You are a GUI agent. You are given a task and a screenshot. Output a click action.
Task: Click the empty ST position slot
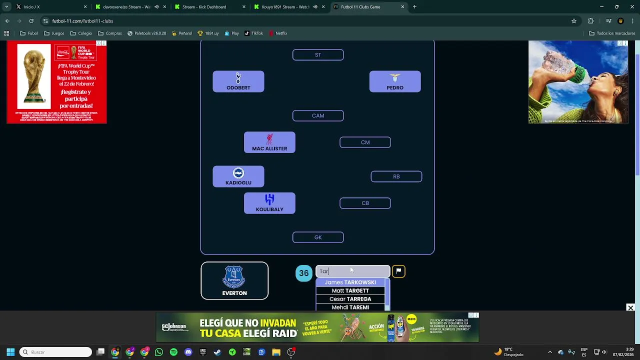[318, 55]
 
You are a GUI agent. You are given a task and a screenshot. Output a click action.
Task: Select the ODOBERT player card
[238, 81]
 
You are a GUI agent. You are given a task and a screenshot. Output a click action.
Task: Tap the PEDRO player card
[395, 81]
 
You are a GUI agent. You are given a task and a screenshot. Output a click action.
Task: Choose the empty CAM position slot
[318, 116]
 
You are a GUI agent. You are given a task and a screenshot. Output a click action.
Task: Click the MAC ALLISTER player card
[269, 142]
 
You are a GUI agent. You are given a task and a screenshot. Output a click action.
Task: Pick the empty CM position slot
[365, 142]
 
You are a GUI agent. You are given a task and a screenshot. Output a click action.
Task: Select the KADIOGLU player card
[238, 176]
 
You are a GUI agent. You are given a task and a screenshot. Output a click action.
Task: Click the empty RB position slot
[396, 176]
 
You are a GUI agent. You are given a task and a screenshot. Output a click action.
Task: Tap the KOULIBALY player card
[269, 203]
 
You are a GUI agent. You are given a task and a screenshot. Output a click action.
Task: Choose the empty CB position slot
[365, 203]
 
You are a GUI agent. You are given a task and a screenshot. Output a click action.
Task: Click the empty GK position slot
[318, 237]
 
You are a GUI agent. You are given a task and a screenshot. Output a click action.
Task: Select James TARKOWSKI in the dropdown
[350, 282]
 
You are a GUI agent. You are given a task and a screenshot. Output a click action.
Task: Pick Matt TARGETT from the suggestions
[350, 290]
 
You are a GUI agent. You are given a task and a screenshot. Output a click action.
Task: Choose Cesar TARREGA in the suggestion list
[350, 299]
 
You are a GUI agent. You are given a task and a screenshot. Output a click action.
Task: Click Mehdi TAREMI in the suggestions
[350, 307]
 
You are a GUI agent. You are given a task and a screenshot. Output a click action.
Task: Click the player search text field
[352, 271]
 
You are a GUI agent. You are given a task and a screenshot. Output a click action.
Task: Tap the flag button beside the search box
[398, 271]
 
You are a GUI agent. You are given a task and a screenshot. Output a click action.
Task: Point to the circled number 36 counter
[303, 273]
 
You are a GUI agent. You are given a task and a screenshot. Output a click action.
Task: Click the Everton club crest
[234, 276]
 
